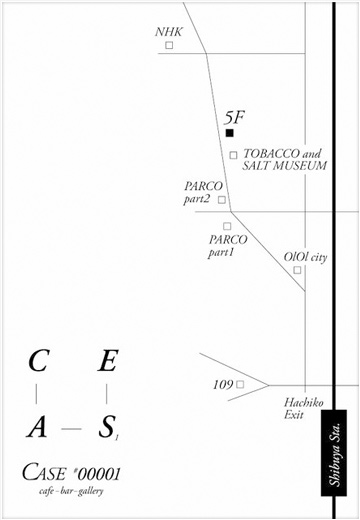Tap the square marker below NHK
tap(169, 45)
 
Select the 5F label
tap(235, 116)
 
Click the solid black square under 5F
tap(229, 132)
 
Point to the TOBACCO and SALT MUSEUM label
tap(284, 160)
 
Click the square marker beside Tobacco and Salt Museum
tap(234, 155)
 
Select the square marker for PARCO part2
tap(222, 199)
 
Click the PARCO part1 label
tap(227, 246)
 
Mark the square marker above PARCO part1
tap(227, 226)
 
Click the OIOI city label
tap(305, 257)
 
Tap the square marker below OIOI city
tap(297, 269)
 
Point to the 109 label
tap(222, 384)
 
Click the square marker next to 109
tap(240, 384)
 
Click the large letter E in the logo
tap(106, 361)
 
